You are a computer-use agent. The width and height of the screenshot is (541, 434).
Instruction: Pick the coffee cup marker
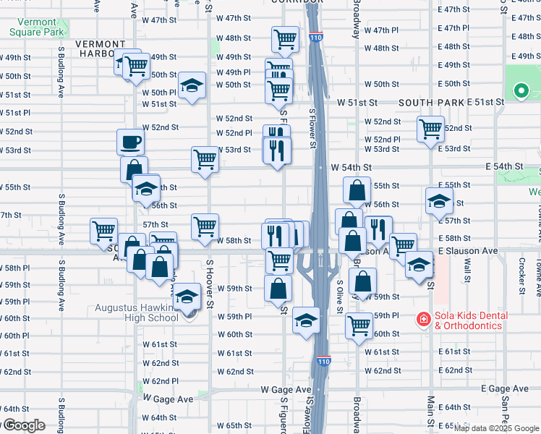(x=131, y=142)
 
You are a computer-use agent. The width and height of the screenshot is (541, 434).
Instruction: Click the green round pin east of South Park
(x=520, y=90)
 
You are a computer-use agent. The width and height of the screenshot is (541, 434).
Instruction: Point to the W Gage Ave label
(x=168, y=399)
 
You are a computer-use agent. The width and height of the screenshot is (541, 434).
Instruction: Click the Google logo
(x=23, y=425)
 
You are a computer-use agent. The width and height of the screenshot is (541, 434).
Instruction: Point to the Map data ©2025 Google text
(x=495, y=428)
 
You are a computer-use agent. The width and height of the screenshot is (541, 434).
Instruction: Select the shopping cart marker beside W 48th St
(x=286, y=39)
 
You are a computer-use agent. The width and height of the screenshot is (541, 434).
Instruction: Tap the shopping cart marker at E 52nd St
(x=430, y=129)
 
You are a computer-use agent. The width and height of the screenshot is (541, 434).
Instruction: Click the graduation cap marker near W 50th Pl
(x=192, y=85)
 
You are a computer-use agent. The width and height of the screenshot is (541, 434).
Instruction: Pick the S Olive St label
(x=338, y=278)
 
